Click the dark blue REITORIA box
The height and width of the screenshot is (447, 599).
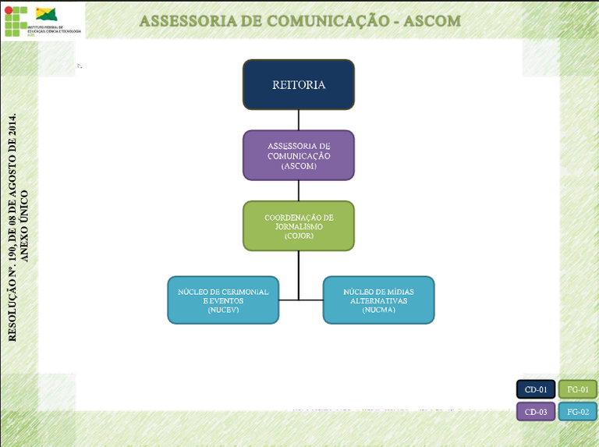(x=299, y=84)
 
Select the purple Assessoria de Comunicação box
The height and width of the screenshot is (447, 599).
(x=299, y=154)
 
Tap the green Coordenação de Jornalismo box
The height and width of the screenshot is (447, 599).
(x=299, y=225)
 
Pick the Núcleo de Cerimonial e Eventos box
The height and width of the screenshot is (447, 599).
(x=223, y=300)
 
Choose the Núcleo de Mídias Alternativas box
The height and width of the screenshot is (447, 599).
(x=378, y=300)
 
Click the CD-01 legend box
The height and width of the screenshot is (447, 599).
(x=536, y=388)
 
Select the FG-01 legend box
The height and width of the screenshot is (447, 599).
(x=578, y=388)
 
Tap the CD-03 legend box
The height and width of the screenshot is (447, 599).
(x=536, y=412)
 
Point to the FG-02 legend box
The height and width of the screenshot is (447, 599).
(x=578, y=412)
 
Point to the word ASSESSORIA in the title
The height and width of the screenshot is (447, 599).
(x=186, y=20)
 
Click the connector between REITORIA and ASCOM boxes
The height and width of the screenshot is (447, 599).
(x=299, y=119)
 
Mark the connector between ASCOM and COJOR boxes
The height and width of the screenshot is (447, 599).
(x=299, y=190)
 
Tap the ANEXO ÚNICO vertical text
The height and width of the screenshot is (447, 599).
(x=25, y=225)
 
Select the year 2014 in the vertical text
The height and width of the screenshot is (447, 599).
(x=12, y=130)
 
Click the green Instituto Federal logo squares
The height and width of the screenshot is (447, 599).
(x=15, y=21)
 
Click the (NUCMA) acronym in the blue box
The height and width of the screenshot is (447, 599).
(x=378, y=310)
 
